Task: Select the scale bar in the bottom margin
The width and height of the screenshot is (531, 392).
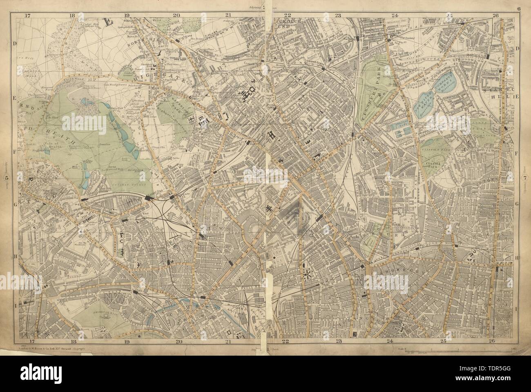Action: point(449,351)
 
